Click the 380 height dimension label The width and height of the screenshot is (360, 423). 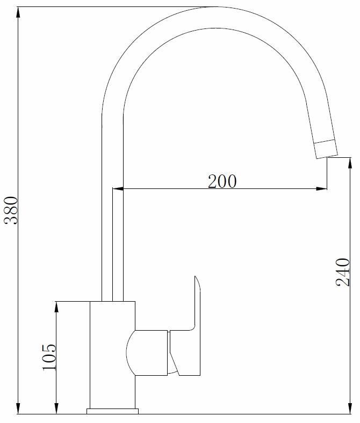[x=11, y=210]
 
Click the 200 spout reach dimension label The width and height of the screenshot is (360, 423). [x=222, y=181]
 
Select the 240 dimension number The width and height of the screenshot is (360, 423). [x=343, y=272]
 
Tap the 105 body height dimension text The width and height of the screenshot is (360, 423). [x=49, y=357]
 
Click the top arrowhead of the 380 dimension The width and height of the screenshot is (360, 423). [x=18, y=12]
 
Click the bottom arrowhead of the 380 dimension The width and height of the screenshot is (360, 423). [x=18, y=409]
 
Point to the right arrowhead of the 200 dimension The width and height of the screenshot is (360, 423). [x=322, y=188]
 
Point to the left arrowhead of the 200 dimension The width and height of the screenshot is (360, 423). [x=118, y=188]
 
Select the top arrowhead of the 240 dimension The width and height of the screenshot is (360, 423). [x=350, y=163]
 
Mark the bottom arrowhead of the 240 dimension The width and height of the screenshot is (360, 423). [x=350, y=409]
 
